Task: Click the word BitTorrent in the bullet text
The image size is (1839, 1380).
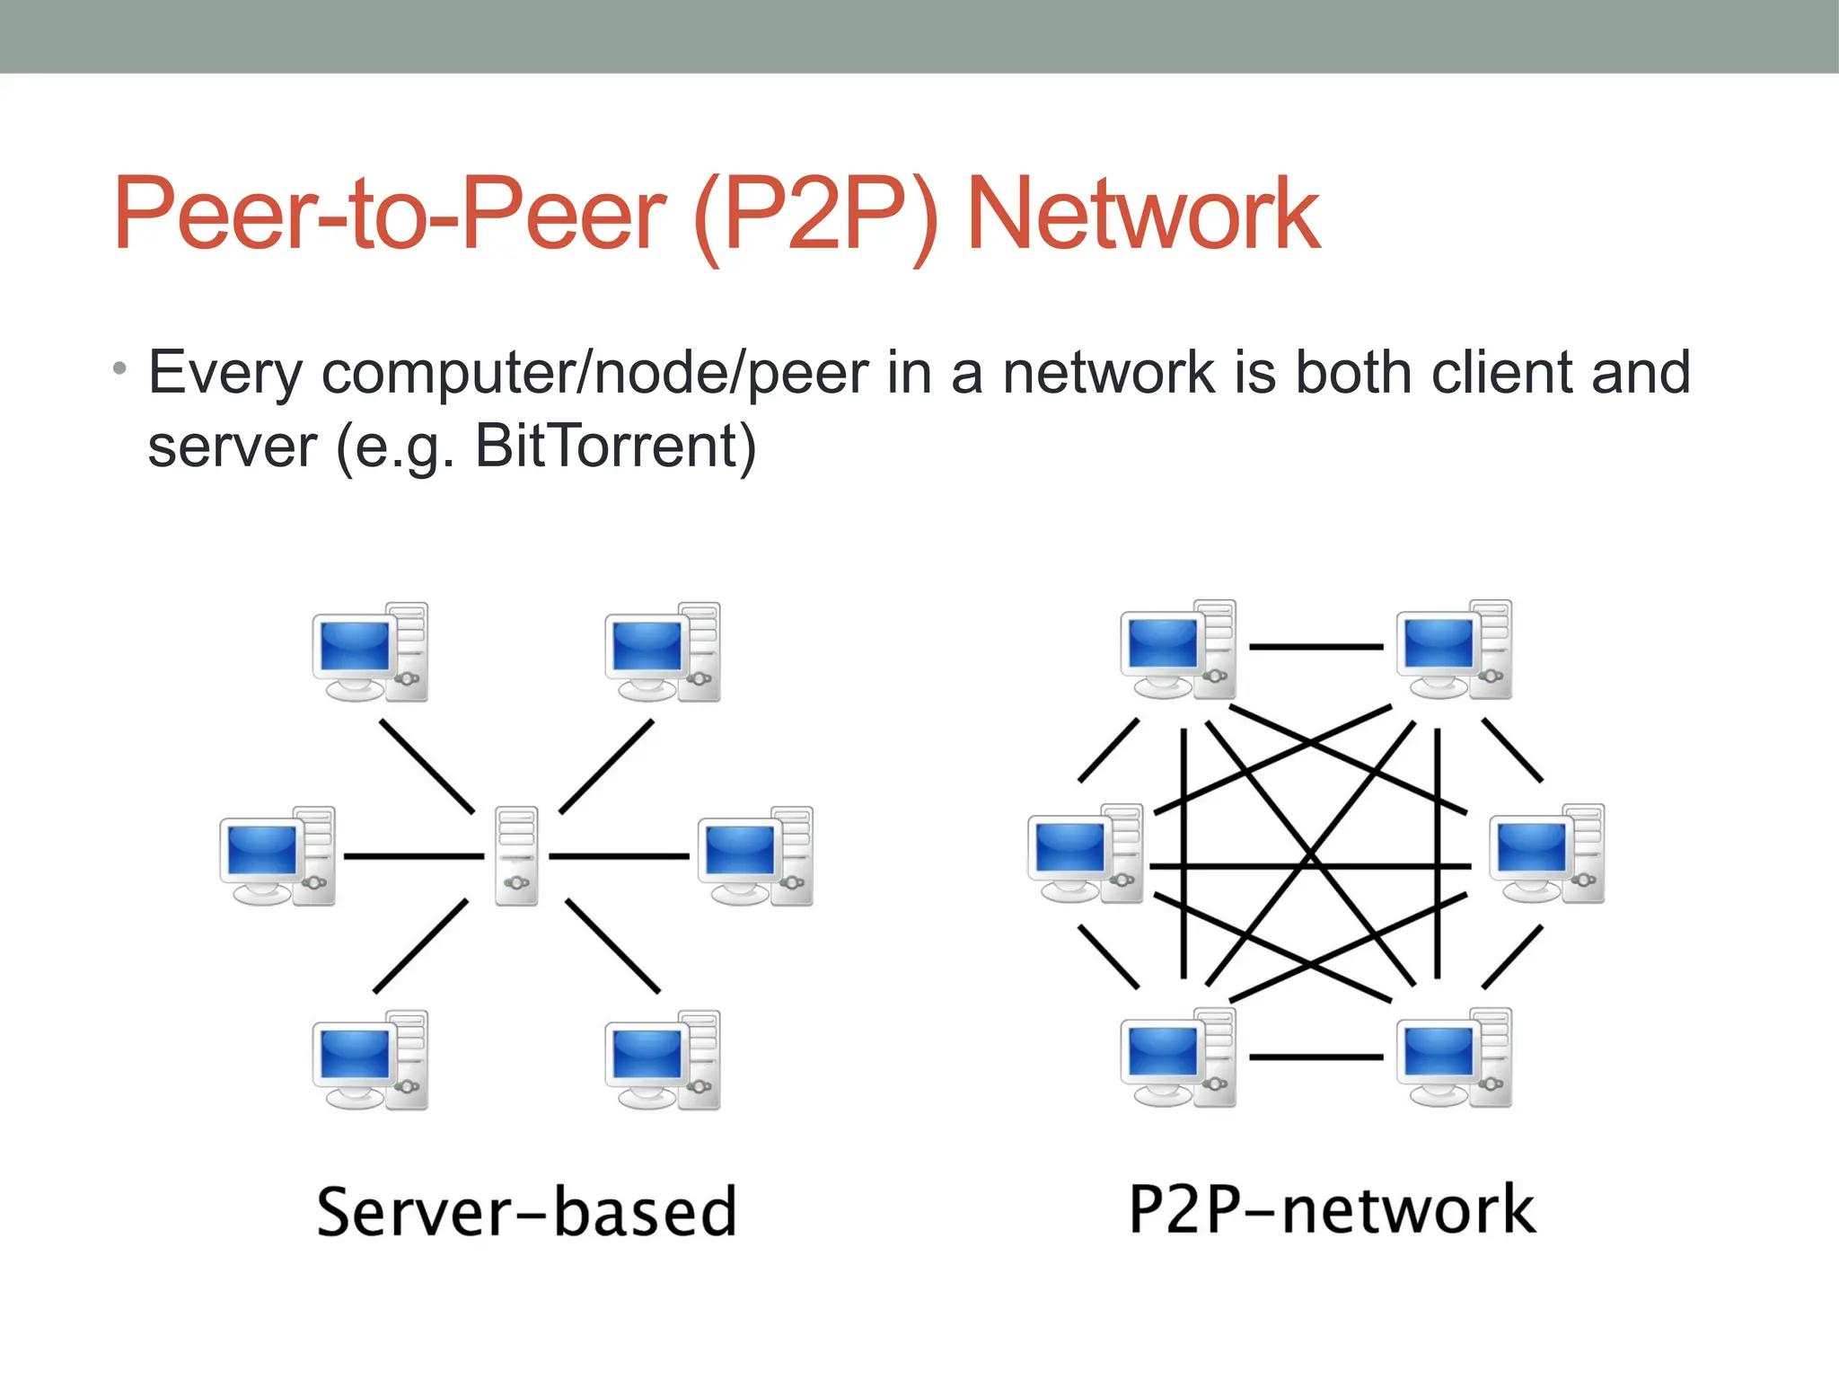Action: coord(615,446)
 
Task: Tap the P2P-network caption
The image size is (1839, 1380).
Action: coord(1332,1209)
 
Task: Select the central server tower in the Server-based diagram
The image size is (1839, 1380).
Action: coord(517,855)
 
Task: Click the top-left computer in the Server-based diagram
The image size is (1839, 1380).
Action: coord(370,652)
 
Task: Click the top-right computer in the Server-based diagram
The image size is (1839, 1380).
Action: coord(663,652)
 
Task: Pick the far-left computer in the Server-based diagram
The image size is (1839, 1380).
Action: coord(277,855)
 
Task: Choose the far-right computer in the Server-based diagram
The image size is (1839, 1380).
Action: coord(755,855)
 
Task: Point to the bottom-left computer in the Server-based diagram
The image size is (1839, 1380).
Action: coord(370,1060)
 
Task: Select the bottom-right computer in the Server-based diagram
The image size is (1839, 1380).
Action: coord(663,1060)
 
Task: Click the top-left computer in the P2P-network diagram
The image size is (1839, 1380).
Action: coord(1178,650)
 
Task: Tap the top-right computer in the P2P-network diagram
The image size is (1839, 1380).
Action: coord(1454,650)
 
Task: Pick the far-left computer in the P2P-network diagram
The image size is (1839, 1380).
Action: coord(1086,854)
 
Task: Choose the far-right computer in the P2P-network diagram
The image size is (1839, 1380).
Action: coord(1547,854)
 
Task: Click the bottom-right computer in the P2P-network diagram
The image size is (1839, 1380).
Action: coord(1454,1057)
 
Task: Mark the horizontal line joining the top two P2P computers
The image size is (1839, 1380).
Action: coord(1316,646)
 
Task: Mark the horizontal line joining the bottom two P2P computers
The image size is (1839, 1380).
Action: coord(1316,1057)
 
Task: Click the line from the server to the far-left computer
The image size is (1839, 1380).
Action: coord(414,856)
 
